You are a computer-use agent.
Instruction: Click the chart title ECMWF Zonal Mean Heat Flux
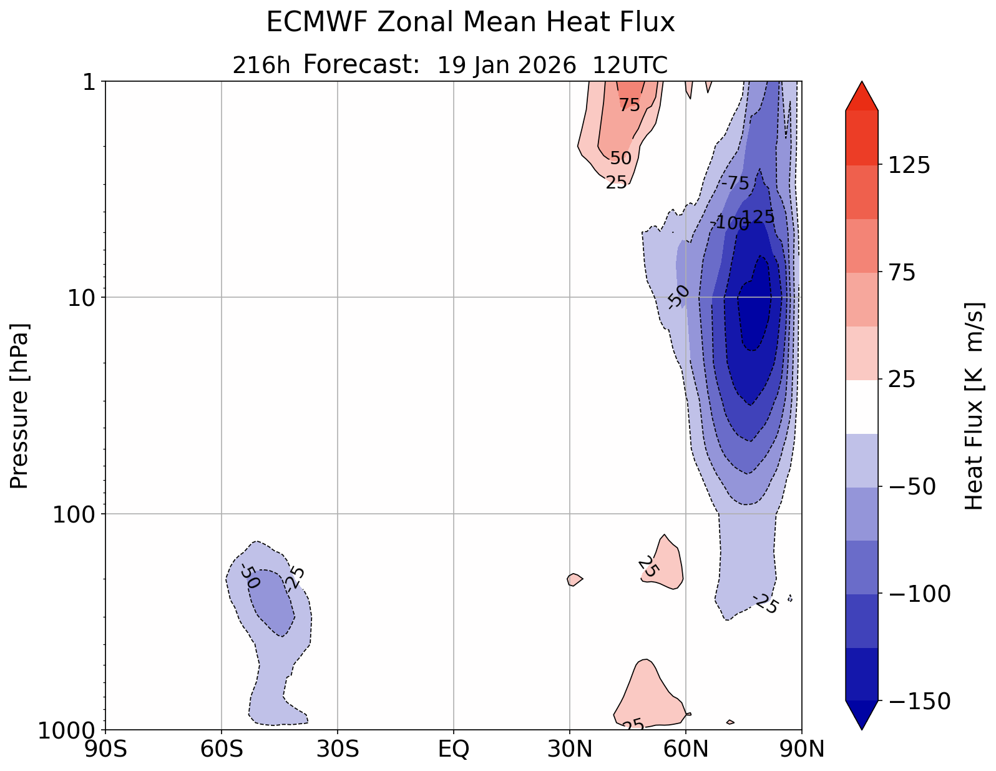point(471,23)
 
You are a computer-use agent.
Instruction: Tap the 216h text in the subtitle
point(261,65)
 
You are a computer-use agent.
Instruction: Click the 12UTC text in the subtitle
point(630,65)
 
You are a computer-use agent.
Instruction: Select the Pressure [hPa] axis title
point(20,406)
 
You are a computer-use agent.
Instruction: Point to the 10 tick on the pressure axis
point(84,297)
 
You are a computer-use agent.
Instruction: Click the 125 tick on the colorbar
point(909,165)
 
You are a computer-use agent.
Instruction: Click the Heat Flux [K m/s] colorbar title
point(975,406)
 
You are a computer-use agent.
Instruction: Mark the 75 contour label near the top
point(630,106)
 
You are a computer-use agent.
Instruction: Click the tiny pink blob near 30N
point(574,579)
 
